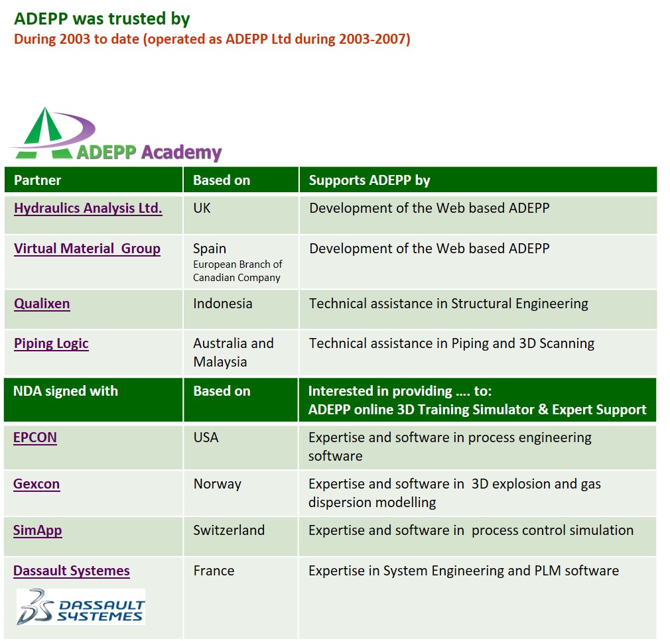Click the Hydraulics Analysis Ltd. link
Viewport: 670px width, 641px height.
(x=88, y=208)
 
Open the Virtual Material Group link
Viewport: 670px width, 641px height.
(x=87, y=249)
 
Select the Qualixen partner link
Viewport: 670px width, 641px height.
(x=42, y=304)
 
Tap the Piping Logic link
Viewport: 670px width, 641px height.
(x=51, y=344)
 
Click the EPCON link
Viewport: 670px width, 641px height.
(x=35, y=437)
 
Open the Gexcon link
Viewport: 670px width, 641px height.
(x=36, y=485)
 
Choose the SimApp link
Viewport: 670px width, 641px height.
(x=38, y=531)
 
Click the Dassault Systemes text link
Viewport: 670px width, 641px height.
(x=72, y=571)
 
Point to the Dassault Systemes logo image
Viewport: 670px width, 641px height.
(x=81, y=607)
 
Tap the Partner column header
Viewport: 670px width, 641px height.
(x=38, y=180)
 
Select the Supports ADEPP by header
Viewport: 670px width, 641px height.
(x=369, y=180)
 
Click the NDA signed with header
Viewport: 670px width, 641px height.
(x=66, y=391)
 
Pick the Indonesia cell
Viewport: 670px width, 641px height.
(x=223, y=304)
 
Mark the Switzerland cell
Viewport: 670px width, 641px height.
(x=229, y=530)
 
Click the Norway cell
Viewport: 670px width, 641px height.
(x=218, y=485)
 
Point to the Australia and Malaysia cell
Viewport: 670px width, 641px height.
(x=234, y=353)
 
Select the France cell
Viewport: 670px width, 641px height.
(x=214, y=571)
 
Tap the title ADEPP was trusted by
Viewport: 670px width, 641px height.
(x=102, y=19)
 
